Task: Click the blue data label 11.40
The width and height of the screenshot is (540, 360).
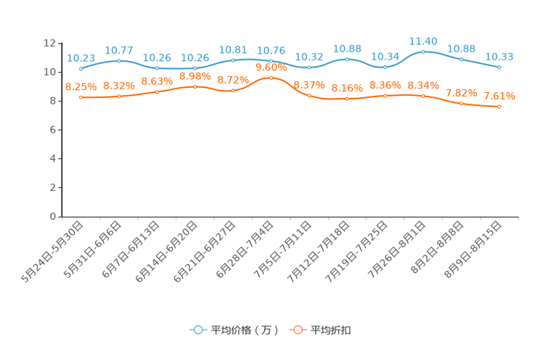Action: (x=423, y=41)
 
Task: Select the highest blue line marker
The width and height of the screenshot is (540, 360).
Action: (x=423, y=52)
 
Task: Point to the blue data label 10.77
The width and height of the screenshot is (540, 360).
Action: (x=118, y=50)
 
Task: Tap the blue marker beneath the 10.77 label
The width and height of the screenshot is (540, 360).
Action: (x=118, y=60)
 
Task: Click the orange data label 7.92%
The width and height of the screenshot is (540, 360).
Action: (x=462, y=93)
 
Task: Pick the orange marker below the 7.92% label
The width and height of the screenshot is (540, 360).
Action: (x=462, y=104)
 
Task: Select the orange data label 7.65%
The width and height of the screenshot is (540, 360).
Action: (x=499, y=96)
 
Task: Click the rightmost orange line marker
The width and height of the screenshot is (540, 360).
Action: (x=499, y=107)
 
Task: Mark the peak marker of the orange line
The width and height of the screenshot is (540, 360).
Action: (x=271, y=77)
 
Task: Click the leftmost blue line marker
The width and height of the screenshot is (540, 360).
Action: (x=81, y=68)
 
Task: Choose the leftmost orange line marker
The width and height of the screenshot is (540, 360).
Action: (x=81, y=97)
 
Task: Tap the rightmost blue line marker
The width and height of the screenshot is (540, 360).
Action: (x=499, y=67)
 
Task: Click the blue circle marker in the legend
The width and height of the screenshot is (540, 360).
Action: (x=197, y=330)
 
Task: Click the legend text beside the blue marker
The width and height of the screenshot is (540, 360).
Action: (x=244, y=330)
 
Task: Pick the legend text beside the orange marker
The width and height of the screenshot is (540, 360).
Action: (x=332, y=330)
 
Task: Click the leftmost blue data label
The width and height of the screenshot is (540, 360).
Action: (x=81, y=57)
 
